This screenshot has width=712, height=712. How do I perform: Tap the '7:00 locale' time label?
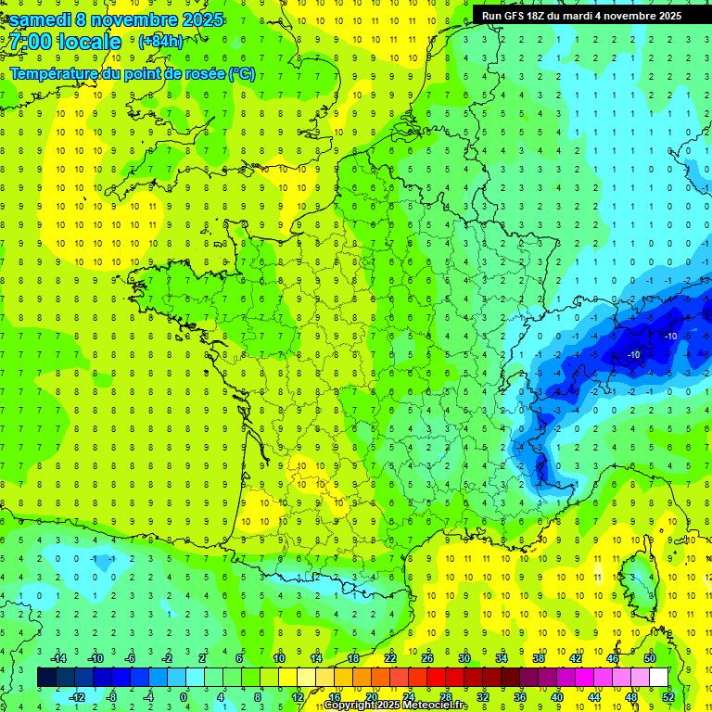pyautogui.click(x=66, y=42)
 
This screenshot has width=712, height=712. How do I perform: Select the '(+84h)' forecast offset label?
pyautogui.click(x=160, y=42)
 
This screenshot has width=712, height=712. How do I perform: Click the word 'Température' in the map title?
pyautogui.click(x=52, y=74)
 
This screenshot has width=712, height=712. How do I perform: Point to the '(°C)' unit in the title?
pyautogui.click(x=242, y=74)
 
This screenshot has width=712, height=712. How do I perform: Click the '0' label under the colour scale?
pyautogui.click(x=184, y=697)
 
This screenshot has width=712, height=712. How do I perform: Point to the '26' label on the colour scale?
pyautogui.click(x=427, y=658)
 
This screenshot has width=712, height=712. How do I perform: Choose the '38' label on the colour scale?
pyautogui.click(x=538, y=658)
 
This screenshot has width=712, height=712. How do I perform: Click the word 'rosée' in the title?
pyautogui.click(x=203, y=74)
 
